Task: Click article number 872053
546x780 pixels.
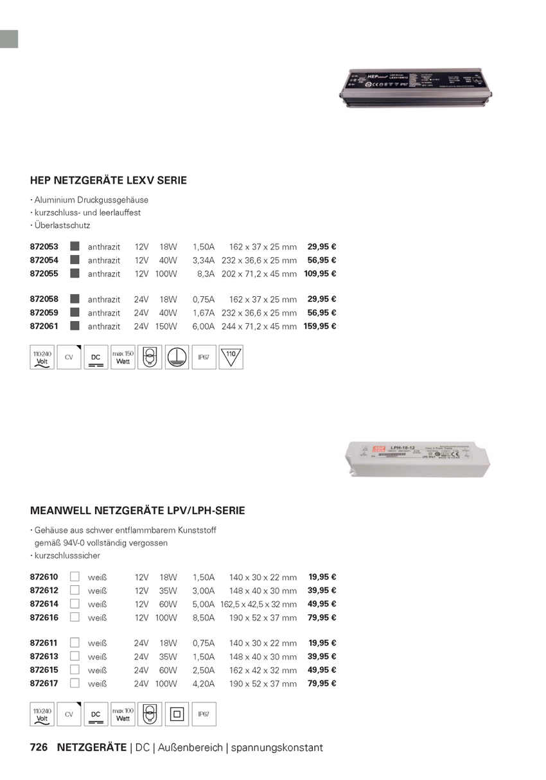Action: click(44, 247)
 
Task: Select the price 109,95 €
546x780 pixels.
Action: click(320, 274)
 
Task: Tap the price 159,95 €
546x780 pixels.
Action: click(320, 326)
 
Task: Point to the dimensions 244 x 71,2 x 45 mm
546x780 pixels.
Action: click(259, 326)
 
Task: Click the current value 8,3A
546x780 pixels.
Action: click(206, 274)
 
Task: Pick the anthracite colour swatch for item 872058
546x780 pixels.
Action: click(75, 299)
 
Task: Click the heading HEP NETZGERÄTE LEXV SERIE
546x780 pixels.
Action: click(109, 181)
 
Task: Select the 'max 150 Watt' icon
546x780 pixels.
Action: click(123, 358)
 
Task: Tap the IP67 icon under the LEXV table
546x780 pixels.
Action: click(204, 358)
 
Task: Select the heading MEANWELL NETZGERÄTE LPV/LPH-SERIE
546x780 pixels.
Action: click(137, 511)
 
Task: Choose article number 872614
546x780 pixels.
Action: click(44, 604)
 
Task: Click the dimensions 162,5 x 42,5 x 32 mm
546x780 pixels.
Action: click(258, 604)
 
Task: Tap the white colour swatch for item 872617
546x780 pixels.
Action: click(75, 683)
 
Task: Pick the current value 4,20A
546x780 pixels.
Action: click(204, 684)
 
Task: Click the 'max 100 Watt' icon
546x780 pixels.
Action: click(123, 714)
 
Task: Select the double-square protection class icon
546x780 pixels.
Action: click(177, 714)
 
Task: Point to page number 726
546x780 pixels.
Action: click(39, 748)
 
